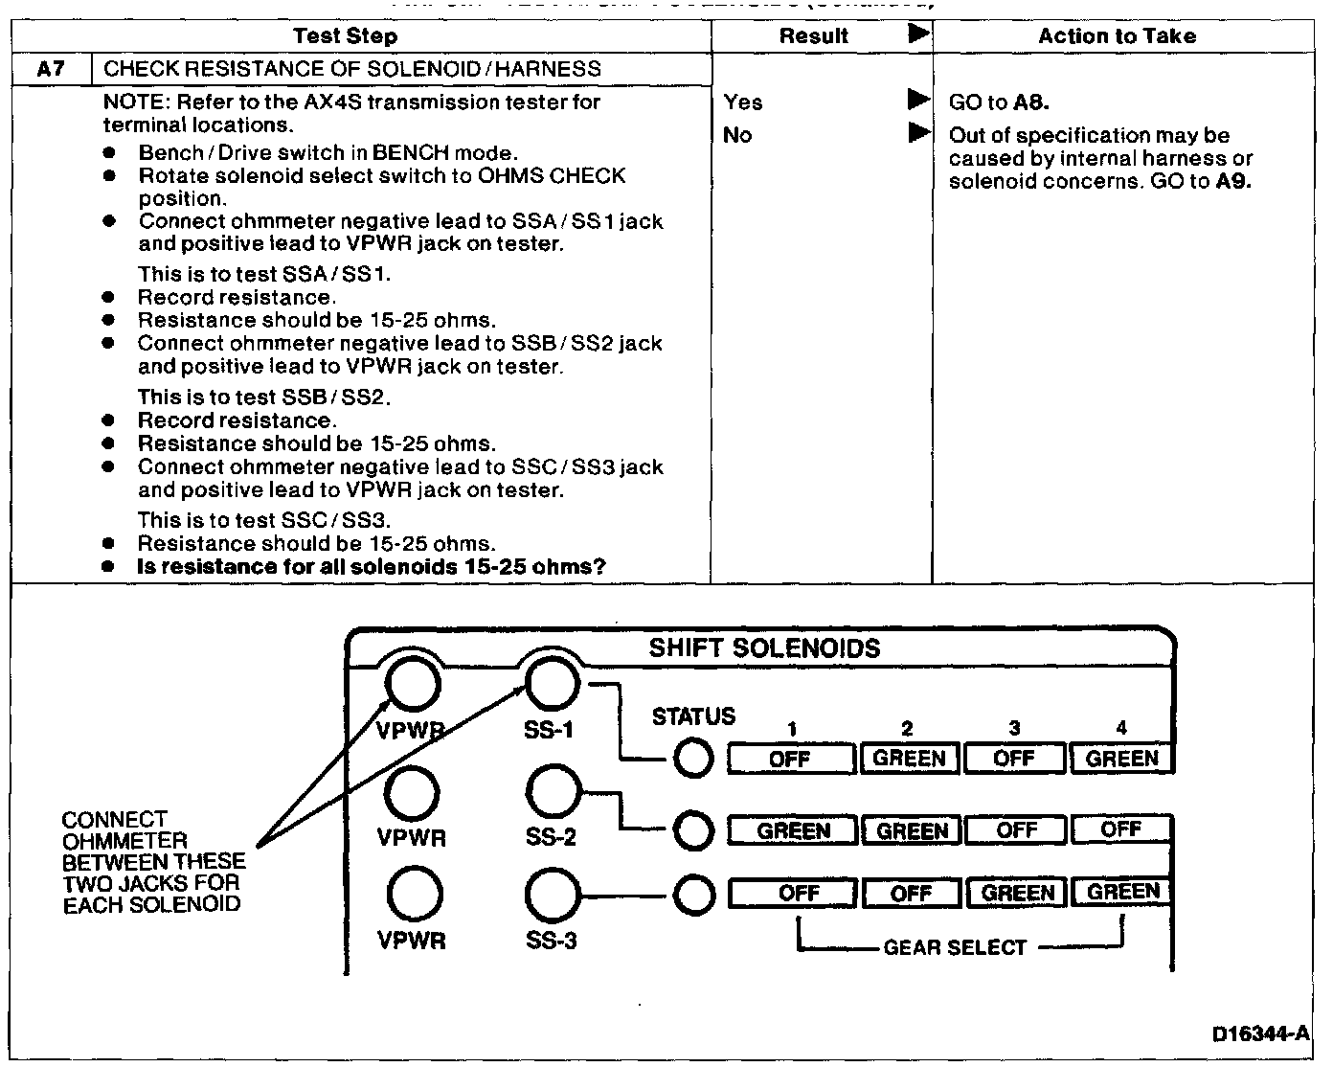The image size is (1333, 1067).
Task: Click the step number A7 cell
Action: (51, 69)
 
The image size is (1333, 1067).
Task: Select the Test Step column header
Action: (345, 36)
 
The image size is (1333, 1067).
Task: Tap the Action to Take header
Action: (1117, 36)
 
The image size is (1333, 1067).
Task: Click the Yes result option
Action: (743, 102)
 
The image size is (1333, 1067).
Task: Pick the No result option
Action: (737, 135)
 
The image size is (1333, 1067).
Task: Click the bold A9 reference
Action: (1233, 181)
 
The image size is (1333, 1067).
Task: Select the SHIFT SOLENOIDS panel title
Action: (764, 648)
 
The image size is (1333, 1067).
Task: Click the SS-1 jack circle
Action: (553, 684)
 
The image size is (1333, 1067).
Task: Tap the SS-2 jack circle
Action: (553, 792)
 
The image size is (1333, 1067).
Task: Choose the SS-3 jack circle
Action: (553, 896)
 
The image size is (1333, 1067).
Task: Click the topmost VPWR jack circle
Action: (413, 684)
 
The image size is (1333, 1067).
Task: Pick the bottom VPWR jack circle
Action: (414, 896)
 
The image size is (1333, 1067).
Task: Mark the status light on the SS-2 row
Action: (693, 830)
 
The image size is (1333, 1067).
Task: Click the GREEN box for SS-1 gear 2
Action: (909, 759)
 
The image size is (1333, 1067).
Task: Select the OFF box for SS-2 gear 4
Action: (1120, 829)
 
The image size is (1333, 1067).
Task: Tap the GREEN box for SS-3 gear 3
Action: (1017, 893)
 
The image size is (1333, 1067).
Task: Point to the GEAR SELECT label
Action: (954, 947)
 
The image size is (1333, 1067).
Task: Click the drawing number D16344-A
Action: (1259, 1033)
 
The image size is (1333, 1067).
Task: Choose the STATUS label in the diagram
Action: (693, 716)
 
